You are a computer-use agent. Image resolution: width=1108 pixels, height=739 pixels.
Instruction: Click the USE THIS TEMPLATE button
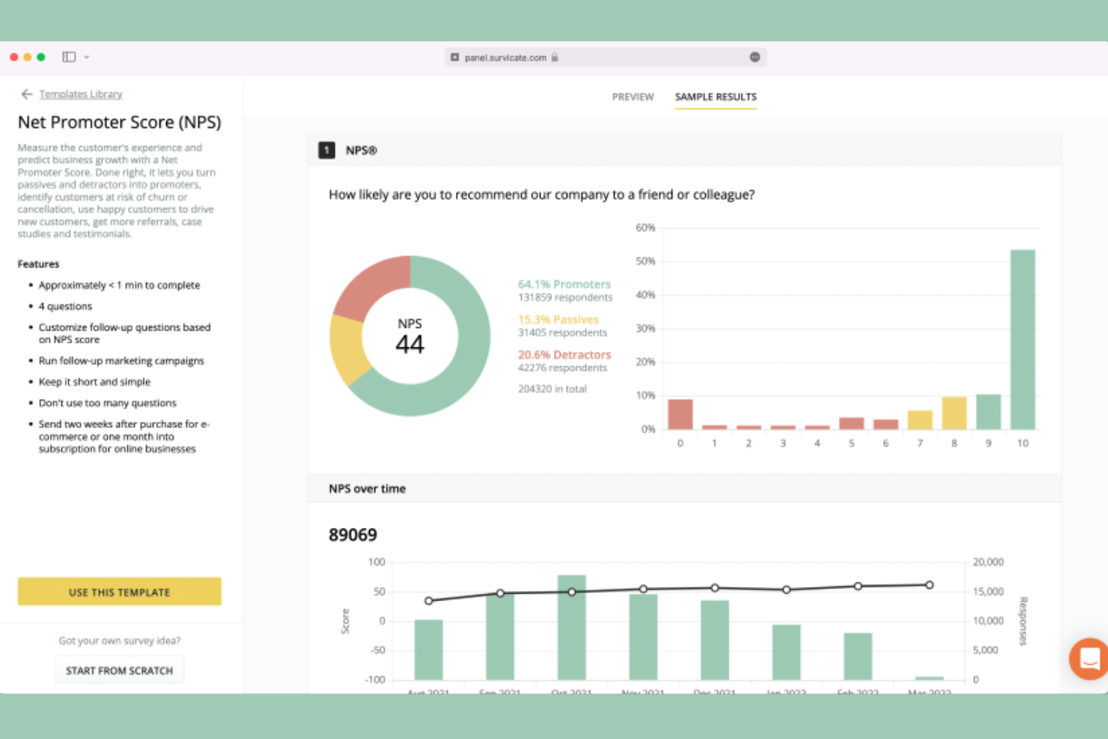(119, 591)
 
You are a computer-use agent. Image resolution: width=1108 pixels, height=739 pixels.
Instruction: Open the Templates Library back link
(80, 94)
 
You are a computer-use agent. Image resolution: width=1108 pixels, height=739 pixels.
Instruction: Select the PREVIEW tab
(633, 97)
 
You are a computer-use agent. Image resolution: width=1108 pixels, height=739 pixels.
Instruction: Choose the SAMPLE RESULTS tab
(716, 97)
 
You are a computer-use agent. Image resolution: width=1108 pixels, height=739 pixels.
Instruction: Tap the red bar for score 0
(680, 414)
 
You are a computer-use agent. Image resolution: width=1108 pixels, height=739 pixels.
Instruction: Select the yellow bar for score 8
(954, 413)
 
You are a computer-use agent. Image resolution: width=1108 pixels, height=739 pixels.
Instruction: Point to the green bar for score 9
(988, 411)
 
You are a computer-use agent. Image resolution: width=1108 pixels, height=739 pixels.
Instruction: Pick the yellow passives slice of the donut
(347, 348)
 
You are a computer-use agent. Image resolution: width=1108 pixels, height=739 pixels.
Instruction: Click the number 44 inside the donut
(410, 344)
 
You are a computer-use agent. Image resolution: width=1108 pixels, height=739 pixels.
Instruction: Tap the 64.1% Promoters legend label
(564, 284)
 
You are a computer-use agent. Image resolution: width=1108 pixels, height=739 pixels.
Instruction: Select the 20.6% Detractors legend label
(564, 354)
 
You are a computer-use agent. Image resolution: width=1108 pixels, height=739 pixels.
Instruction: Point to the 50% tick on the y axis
(645, 261)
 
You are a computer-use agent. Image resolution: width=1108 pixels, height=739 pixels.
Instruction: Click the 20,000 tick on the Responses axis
(987, 562)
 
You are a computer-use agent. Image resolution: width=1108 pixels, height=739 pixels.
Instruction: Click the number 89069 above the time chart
(353, 535)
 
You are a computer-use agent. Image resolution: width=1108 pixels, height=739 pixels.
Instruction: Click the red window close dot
(14, 57)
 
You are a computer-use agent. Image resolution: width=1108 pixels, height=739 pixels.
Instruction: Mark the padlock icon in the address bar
(555, 57)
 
